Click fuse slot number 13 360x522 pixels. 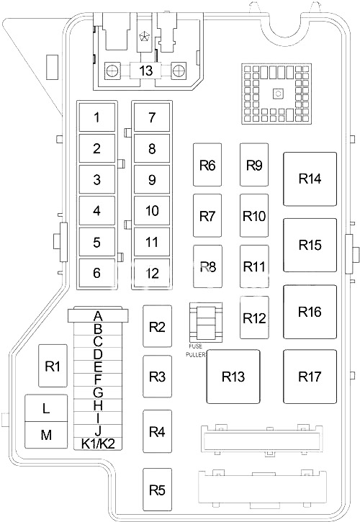click(x=145, y=71)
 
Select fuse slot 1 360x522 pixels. click(x=97, y=117)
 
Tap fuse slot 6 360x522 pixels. click(x=97, y=273)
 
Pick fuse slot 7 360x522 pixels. click(x=152, y=117)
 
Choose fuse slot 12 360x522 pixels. click(x=152, y=274)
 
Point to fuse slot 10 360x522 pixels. click(x=152, y=211)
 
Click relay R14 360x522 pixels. click(x=310, y=179)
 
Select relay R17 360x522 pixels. click(x=310, y=377)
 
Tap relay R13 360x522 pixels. click(x=233, y=377)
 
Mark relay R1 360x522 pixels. click(x=53, y=366)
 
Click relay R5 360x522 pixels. click(x=157, y=490)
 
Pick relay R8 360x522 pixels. click(x=207, y=266)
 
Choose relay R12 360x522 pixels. click(x=254, y=318)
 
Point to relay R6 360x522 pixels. click(x=207, y=165)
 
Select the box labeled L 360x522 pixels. click(x=46, y=408)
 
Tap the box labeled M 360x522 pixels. click(x=46, y=435)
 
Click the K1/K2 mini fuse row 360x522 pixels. click(x=98, y=444)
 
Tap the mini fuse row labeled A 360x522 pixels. click(x=98, y=315)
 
